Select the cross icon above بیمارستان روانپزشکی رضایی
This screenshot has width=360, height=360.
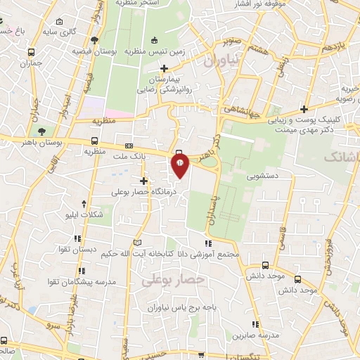[165, 69]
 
